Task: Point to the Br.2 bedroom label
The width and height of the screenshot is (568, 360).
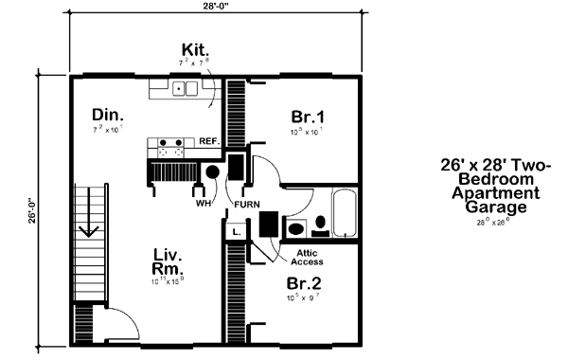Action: tap(306, 283)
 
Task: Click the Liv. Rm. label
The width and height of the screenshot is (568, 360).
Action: tap(168, 262)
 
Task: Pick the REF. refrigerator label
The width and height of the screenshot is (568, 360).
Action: tap(208, 142)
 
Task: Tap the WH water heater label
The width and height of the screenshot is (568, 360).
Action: tap(202, 203)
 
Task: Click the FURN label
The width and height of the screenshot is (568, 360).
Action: tap(248, 203)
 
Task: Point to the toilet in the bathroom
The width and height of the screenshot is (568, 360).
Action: tap(321, 225)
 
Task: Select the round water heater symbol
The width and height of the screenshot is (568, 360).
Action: tap(212, 172)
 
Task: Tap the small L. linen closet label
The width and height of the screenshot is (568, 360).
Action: tap(236, 230)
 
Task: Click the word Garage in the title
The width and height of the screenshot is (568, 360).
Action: tap(496, 206)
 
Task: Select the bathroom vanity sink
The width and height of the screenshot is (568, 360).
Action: tap(296, 228)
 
